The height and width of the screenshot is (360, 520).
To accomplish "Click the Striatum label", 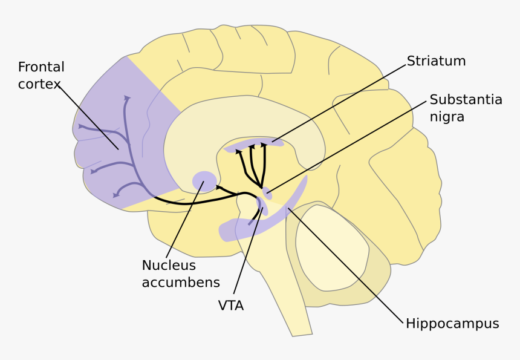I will pos(436,61).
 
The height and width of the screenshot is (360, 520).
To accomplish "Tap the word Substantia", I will pos(466,100).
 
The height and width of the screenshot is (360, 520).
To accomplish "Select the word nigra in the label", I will pos(447,117).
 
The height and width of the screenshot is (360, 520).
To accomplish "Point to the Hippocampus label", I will pos(452,324).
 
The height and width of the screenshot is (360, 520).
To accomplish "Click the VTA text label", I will pos(231,306).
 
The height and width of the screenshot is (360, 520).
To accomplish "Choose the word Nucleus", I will pos(169,266).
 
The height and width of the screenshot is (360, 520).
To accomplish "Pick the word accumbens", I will pos(180,283).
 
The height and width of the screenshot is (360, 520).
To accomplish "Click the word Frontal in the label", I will pos(41,67).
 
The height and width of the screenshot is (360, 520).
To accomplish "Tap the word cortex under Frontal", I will pos(39,84).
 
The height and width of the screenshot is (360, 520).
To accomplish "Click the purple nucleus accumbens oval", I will pos(204,180).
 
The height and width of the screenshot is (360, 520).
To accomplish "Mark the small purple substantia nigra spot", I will pos(267,193).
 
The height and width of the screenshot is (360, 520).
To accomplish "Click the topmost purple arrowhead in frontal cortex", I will pos(126,97).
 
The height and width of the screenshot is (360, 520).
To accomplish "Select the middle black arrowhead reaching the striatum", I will pos(252,146).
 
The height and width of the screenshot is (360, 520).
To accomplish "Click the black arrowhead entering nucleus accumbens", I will pos(218,188).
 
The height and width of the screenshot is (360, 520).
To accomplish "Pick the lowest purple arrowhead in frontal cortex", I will pos(116,195).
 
